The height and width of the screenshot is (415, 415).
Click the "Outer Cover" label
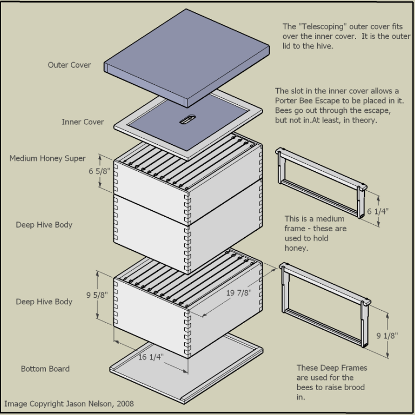[69, 65]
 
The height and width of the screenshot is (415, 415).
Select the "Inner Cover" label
[82, 122]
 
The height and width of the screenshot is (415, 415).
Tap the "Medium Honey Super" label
[48, 158]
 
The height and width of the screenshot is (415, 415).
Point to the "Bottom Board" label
[45, 369]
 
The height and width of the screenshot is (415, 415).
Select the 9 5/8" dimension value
[97, 295]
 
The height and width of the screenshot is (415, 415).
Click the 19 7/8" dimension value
[239, 292]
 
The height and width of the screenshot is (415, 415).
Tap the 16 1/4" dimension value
[151, 357]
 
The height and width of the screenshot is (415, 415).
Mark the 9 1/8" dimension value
[387, 336]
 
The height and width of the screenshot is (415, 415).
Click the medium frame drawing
[319, 181]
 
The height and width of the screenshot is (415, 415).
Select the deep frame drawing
[324, 303]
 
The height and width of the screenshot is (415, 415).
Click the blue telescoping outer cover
[186, 54]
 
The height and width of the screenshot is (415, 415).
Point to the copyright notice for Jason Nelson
[69, 404]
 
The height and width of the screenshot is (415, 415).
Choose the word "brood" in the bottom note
[354, 387]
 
